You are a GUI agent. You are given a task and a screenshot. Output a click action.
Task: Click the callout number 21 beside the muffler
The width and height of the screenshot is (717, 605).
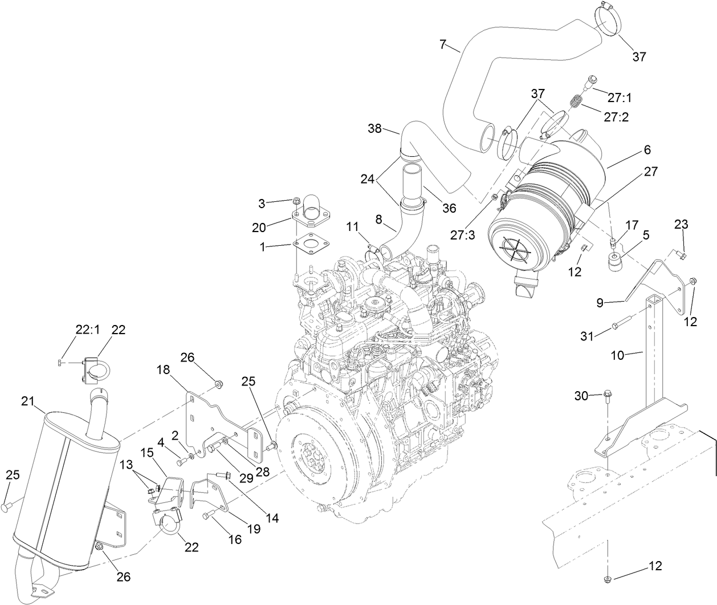[x=29, y=401]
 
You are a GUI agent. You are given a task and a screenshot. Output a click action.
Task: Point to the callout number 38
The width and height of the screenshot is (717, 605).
[x=375, y=129]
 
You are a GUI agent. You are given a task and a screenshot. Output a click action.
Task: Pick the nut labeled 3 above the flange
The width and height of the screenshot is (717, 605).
[x=296, y=201]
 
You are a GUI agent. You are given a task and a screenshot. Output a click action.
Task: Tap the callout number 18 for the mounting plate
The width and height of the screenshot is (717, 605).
[x=164, y=371]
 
